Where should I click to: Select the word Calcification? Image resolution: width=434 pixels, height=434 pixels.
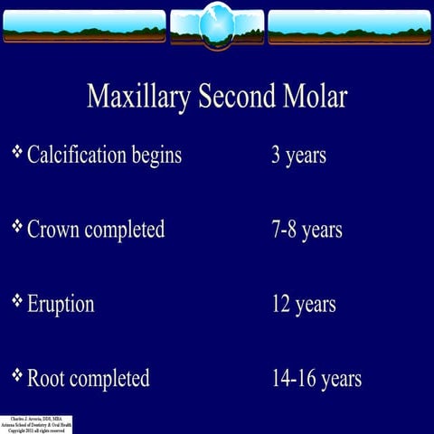coord(77,156)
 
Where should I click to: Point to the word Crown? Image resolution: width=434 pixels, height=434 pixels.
coord(53,230)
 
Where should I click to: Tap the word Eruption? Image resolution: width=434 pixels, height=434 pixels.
coord(61,305)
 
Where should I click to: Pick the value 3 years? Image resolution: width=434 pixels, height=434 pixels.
coord(298,156)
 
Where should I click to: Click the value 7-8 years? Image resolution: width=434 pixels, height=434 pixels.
coord(307,230)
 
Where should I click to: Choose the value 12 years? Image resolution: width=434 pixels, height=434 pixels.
coord(304,305)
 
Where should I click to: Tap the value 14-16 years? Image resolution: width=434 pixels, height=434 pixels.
coord(316,379)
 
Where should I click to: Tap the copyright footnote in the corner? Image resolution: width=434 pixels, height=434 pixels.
coord(36,425)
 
